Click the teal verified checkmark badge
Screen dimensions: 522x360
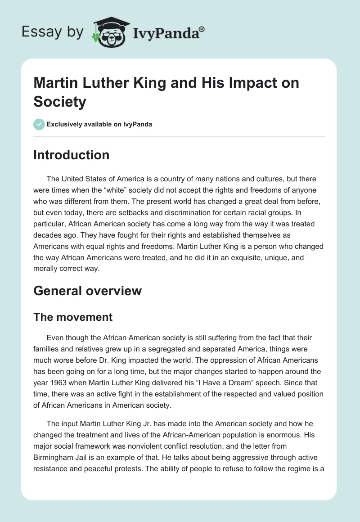(39, 124)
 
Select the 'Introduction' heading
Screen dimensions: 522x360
(72, 155)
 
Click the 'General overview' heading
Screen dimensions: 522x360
(88, 291)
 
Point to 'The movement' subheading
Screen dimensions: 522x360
(73, 317)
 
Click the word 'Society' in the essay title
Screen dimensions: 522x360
(60, 102)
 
